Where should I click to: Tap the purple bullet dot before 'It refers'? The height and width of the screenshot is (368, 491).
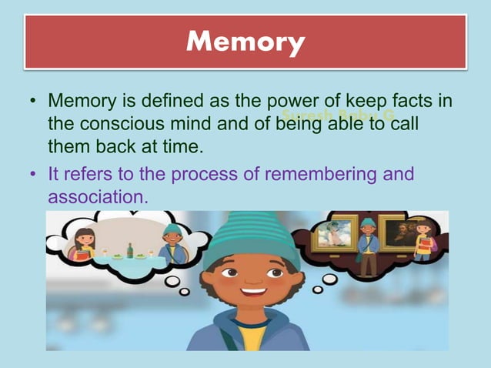pyautogui.click(x=33, y=176)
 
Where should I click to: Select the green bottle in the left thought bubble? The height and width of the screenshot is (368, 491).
pyautogui.click(x=130, y=251)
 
